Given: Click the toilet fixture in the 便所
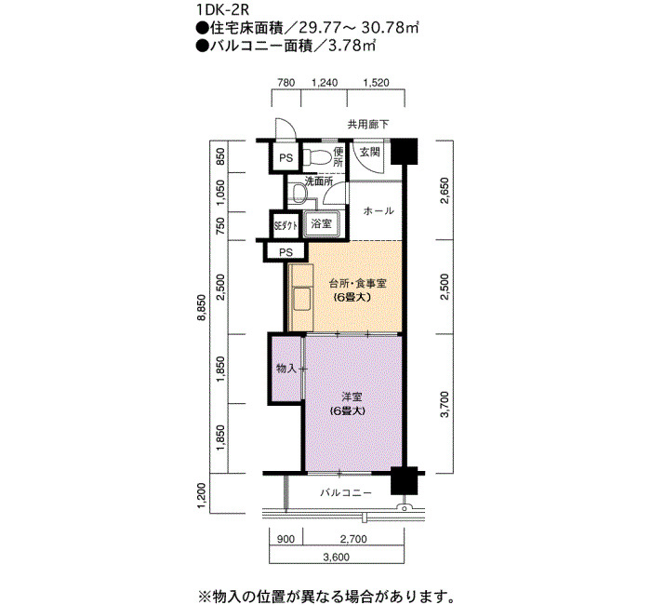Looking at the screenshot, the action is click(317, 157).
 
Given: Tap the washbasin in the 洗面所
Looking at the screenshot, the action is click(299, 193).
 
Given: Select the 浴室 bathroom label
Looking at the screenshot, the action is click(322, 223).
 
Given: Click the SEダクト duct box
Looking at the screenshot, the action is click(286, 225).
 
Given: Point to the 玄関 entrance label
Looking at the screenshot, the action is click(369, 152).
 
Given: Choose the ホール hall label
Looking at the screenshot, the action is click(379, 211).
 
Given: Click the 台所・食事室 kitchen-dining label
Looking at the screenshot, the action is click(357, 283).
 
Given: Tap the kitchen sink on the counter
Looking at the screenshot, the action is click(301, 298).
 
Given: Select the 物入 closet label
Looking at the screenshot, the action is click(286, 369).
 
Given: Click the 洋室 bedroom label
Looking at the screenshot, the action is click(352, 397).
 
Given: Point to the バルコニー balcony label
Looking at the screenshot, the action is click(346, 493).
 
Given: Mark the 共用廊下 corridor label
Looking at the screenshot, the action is click(368, 124).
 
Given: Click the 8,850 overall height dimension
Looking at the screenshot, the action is click(202, 307).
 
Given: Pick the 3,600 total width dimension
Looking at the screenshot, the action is click(337, 557).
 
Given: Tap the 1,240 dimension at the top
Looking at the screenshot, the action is click(325, 83).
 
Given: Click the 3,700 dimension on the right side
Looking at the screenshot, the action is click(445, 404).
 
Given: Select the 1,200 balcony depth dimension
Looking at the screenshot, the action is click(202, 495).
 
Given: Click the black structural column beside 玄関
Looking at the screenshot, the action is click(404, 151).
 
